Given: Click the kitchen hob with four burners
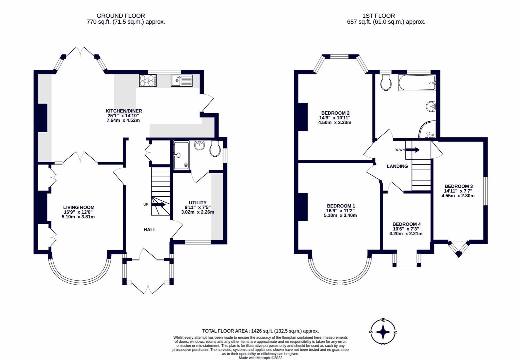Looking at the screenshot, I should click(148, 81).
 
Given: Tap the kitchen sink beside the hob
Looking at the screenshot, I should click(182, 80).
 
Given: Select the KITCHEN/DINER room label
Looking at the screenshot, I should click(124, 111).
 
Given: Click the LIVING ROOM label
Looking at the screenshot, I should click(79, 207).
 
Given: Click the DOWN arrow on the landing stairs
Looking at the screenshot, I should click(412, 150).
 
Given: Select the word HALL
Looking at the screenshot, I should click(150, 230).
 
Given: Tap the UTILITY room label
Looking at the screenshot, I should click(198, 203).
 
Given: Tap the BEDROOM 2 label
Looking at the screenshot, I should click(335, 113).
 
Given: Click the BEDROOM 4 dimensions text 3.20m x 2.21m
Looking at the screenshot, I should click(406, 234).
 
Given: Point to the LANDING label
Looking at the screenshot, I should click(397, 166).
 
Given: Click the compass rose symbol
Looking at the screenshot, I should click(383, 332).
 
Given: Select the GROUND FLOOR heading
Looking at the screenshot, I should click(121, 16).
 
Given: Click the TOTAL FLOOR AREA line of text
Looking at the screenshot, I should click(260, 331).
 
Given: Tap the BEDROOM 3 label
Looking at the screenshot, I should click(458, 186).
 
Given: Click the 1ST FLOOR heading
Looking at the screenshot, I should click(378, 16).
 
